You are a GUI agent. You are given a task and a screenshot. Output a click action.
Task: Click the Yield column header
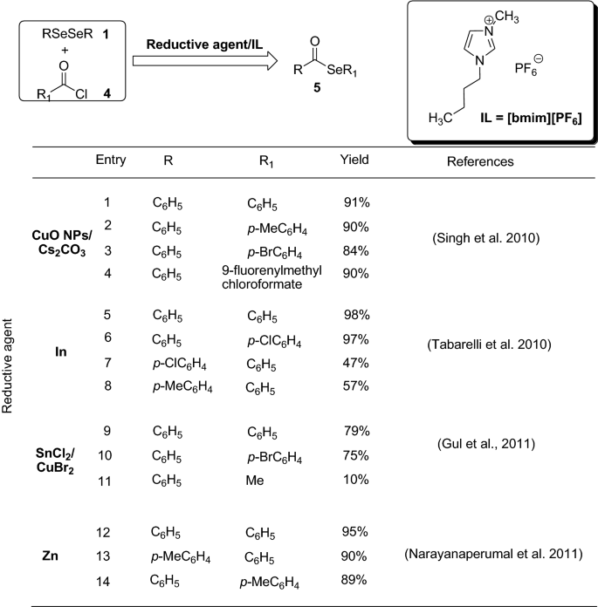pyautogui.click(x=354, y=160)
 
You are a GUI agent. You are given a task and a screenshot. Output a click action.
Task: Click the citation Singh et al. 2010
pyautogui.click(x=480, y=235)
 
